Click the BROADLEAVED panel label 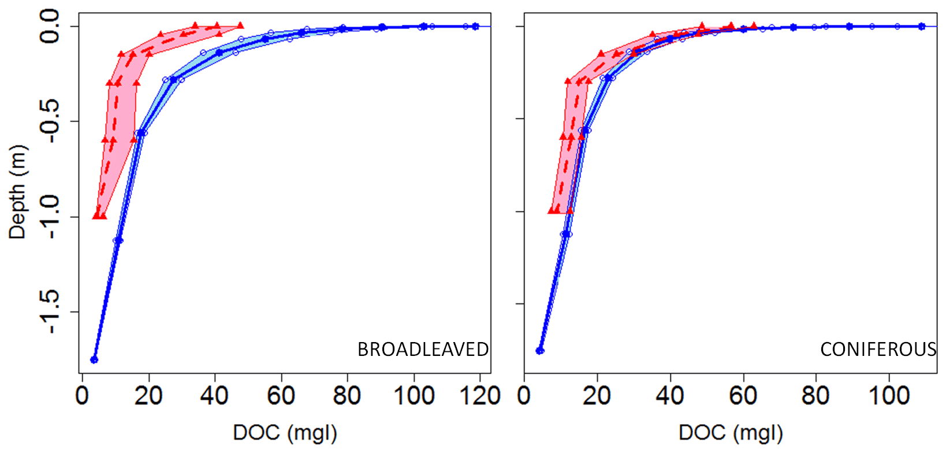(x=423, y=350)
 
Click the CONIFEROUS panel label (x=878, y=350)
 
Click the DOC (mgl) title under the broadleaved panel (x=285, y=433)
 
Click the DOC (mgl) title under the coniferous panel (x=731, y=433)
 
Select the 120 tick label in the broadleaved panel (x=481, y=396)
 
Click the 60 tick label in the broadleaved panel (x=282, y=396)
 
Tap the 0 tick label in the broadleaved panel (x=83, y=396)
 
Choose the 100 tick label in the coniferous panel (x=889, y=396)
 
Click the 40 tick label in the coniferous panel (x=670, y=396)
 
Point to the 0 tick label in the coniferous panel (x=524, y=396)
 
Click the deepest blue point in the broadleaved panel (x=94, y=360)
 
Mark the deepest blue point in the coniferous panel (x=540, y=351)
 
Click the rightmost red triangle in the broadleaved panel (x=240, y=25)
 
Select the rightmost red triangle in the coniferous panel (x=754, y=26)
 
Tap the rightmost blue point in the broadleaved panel (x=475, y=26)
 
